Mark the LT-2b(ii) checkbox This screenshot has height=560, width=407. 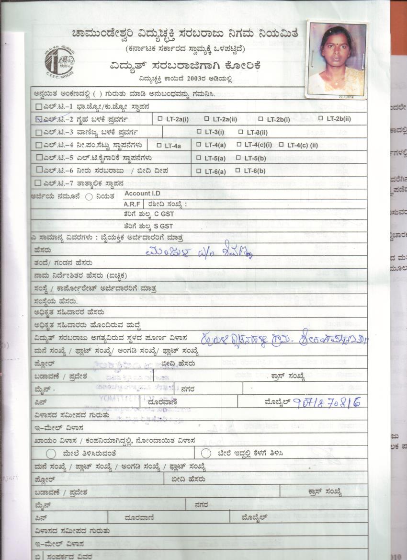321,118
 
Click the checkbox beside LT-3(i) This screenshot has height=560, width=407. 199,132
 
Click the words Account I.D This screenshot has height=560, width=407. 140,194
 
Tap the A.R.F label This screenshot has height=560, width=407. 131,204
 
